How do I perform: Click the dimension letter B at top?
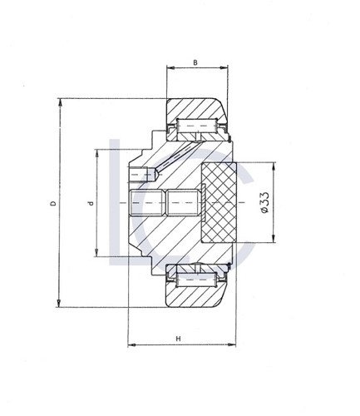(x=194, y=62)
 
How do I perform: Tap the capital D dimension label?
(x=53, y=203)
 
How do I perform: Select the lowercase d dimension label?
(x=89, y=203)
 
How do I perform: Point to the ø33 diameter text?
(x=263, y=203)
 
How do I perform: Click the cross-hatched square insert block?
(x=220, y=203)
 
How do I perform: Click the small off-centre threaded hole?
(x=144, y=175)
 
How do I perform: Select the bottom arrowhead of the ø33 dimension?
(x=273, y=241)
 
